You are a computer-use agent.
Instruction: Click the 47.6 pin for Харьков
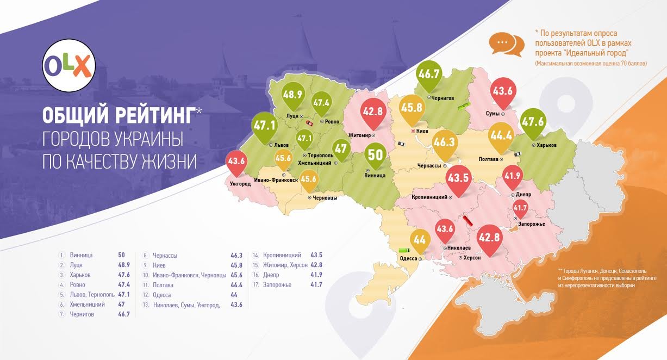click(x=533, y=122)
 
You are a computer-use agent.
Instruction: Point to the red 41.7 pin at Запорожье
click(x=520, y=208)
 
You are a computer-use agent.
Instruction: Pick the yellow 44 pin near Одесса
click(x=420, y=239)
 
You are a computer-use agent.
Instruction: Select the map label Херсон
click(x=472, y=258)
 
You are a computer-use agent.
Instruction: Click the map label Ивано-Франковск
click(x=276, y=180)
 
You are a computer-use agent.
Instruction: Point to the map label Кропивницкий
click(x=429, y=197)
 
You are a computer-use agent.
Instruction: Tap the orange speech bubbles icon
click(x=506, y=44)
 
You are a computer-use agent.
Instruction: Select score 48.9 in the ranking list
click(x=125, y=265)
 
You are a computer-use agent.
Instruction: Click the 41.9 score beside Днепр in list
click(x=316, y=275)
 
